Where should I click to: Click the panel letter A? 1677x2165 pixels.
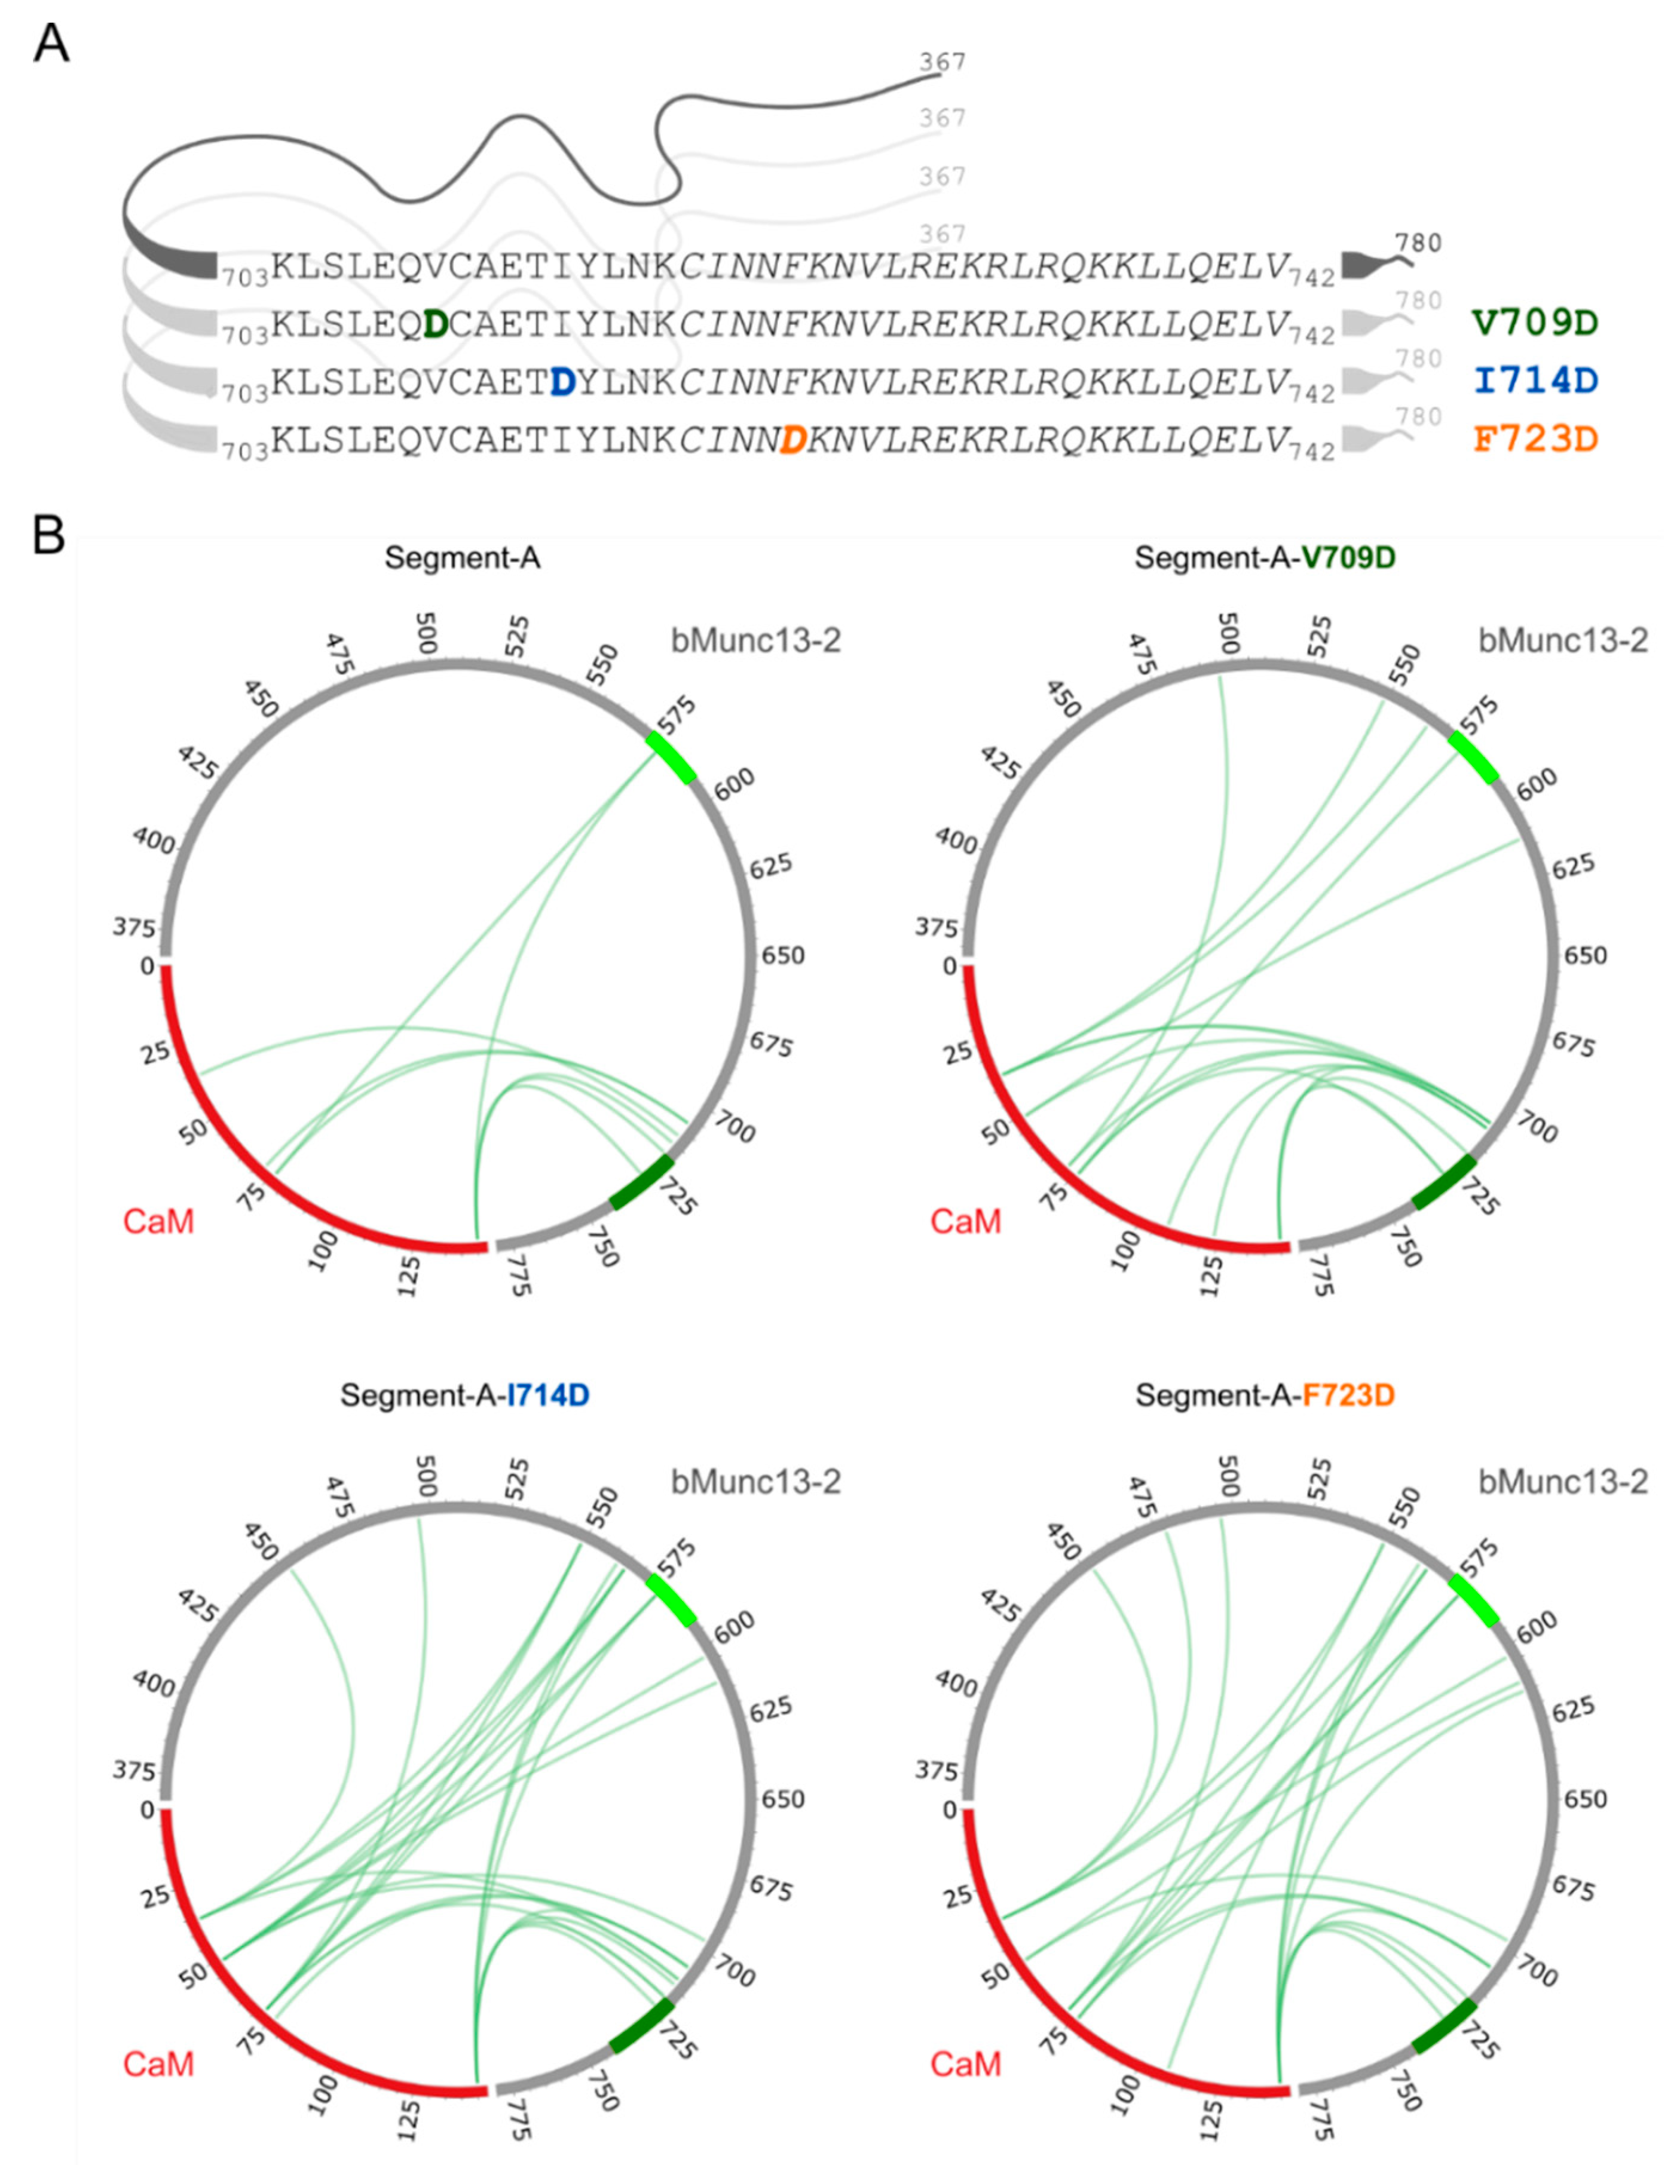coord(51,45)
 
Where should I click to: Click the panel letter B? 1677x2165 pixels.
coord(50,535)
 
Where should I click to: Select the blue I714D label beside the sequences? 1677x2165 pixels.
coord(1535,380)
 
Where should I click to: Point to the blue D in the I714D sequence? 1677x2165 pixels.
coord(562,382)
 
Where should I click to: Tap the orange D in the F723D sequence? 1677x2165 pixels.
coord(792,439)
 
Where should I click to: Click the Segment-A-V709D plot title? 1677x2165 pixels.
coord(1265,558)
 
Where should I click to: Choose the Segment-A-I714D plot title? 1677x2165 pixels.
coord(464,1396)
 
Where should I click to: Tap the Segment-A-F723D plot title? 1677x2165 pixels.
coord(1265,1396)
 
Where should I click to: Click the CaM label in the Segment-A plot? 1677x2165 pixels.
coord(158,1221)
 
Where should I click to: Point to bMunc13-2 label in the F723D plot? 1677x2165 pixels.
coord(1563,1482)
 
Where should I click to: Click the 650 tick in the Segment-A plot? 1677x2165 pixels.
coord(782,956)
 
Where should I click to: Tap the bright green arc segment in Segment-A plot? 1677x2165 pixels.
coord(671,758)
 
